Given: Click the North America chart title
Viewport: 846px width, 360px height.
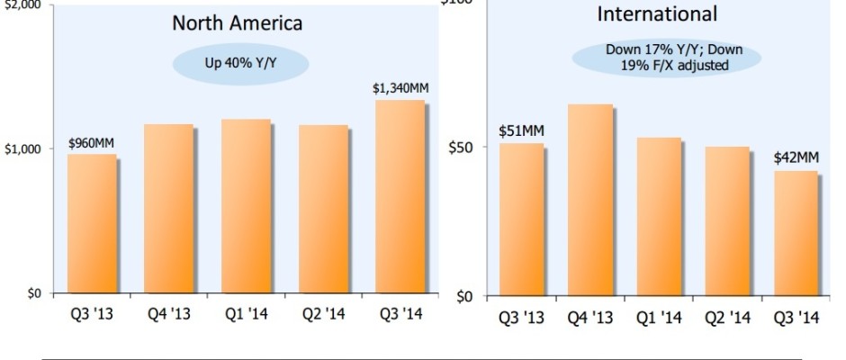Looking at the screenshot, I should (x=238, y=23).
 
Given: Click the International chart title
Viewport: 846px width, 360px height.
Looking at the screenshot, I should (x=657, y=13).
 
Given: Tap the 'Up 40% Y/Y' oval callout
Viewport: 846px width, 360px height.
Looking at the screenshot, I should (x=239, y=64).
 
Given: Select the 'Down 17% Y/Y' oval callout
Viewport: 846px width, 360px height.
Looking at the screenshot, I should (x=665, y=58).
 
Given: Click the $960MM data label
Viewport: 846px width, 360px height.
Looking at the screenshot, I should (x=92, y=143).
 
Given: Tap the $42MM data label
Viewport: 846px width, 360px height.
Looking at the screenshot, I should (x=796, y=157).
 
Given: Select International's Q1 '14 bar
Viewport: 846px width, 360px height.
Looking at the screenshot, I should (x=659, y=216).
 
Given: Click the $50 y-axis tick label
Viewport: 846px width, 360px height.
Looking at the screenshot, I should (x=465, y=147).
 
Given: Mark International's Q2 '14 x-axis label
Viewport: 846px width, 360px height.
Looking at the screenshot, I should (x=727, y=318).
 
